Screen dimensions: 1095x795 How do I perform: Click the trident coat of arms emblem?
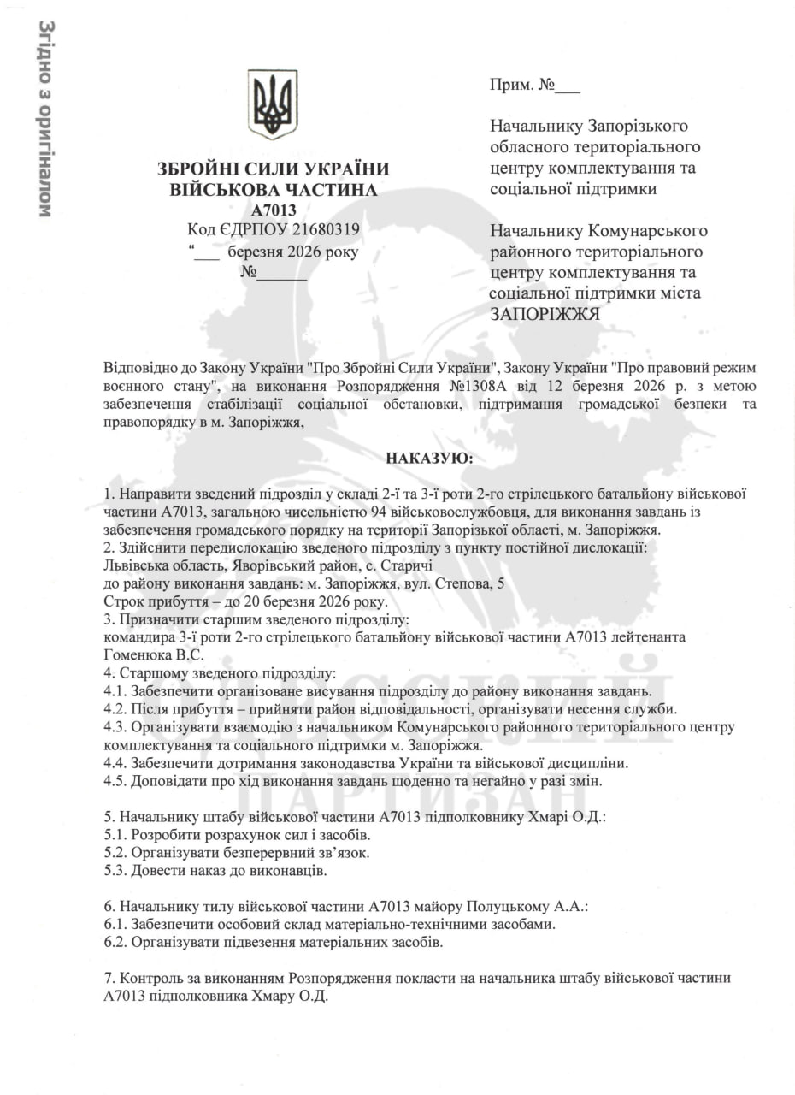point(273,104)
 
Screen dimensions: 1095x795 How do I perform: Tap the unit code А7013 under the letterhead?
point(274,210)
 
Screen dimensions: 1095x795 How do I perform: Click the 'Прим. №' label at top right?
point(522,86)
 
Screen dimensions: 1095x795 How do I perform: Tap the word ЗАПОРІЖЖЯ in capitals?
point(545,314)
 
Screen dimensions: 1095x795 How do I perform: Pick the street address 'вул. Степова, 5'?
point(456,583)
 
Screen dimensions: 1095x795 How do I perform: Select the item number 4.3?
point(115,727)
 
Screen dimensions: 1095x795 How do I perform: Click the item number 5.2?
point(115,852)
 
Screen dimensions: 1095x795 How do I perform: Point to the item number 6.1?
point(115,924)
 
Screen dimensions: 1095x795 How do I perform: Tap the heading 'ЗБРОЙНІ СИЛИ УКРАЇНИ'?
point(274,169)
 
